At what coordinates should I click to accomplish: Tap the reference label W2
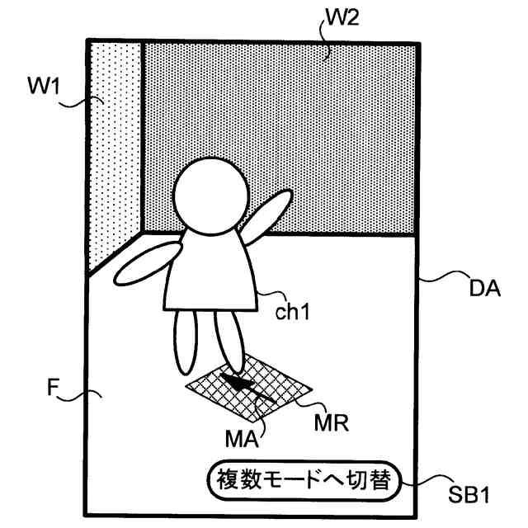coord(341,18)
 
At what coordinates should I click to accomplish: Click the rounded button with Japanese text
coord(301,479)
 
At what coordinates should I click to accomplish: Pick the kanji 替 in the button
coord(379,479)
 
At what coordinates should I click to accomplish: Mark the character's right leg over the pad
coord(229,338)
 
